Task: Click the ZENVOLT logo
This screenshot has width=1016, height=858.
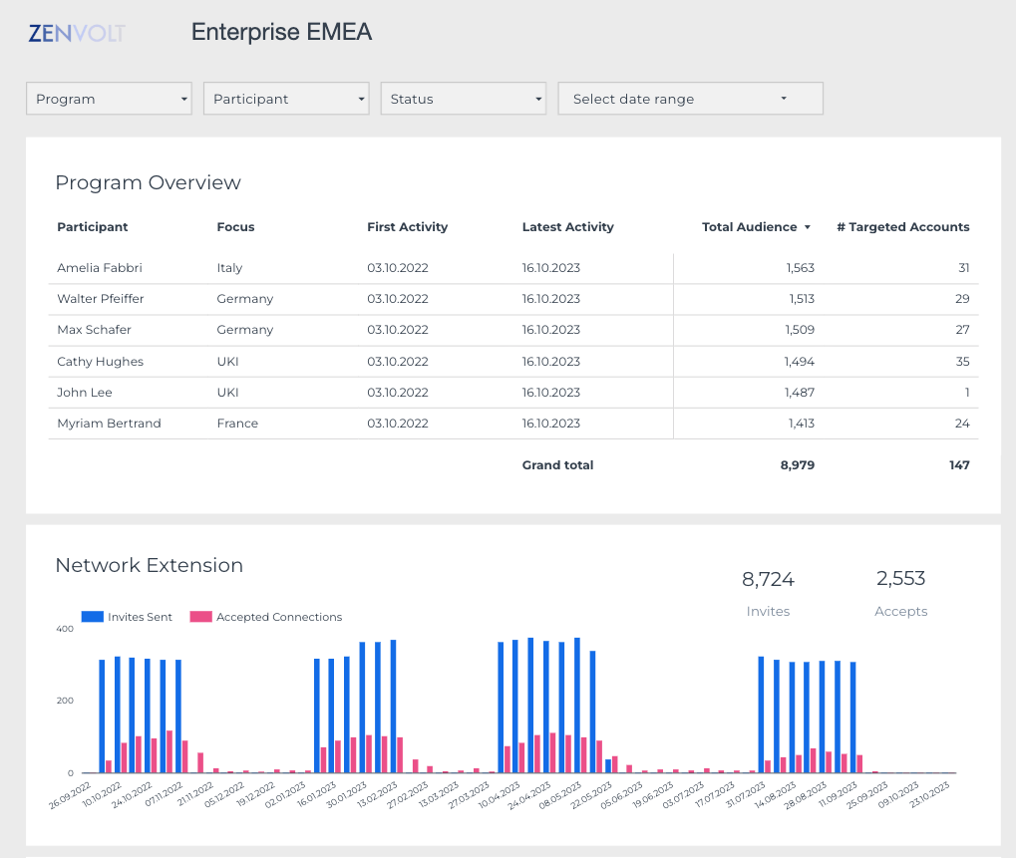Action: pos(77,33)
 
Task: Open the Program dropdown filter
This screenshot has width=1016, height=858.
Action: pos(108,99)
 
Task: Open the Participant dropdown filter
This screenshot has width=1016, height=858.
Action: pos(286,99)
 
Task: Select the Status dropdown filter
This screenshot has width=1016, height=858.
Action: pos(464,99)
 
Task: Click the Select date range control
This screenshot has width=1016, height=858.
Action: pos(690,99)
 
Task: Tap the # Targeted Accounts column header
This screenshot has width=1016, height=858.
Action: pos(902,227)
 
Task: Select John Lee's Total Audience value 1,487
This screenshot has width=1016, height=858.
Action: pos(799,393)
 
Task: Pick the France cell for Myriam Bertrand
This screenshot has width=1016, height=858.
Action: pos(237,424)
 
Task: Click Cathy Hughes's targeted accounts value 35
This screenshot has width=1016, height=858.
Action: pos(961,362)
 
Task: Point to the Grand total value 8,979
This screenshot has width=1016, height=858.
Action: pos(797,465)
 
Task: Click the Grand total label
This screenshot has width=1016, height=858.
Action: pos(557,465)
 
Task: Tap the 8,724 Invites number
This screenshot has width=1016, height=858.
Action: pos(768,579)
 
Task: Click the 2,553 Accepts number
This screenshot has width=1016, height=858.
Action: pos(900,579)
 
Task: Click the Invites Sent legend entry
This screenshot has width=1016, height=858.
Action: pos(128,618)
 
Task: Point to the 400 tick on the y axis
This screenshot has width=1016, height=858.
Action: pos(65,630)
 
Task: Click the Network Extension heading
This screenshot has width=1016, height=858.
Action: pos(149,566)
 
